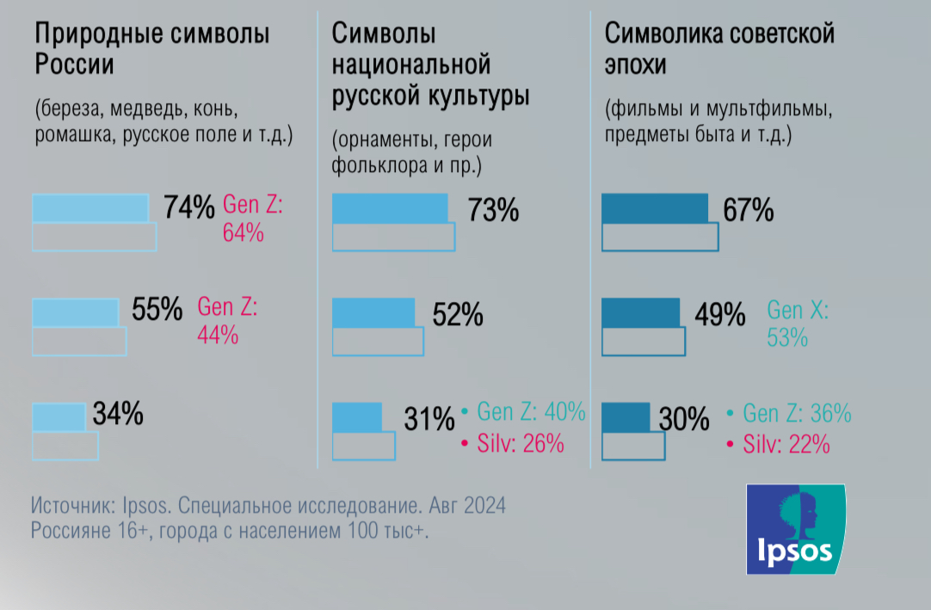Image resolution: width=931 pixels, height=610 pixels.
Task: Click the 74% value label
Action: coord(189,208)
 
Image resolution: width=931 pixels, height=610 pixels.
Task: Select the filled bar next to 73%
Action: coord(391,209)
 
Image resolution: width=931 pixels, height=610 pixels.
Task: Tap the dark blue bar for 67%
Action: coord(655,208)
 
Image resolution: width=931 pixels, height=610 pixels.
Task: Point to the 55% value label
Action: coord(157,311)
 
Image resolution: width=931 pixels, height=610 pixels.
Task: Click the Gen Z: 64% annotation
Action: coord(253,219)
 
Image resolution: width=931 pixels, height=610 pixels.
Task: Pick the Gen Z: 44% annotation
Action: coord(227,322)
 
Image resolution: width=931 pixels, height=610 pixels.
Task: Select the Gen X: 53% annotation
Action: coord(796,323)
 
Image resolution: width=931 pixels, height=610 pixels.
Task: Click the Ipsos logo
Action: coord(796,529)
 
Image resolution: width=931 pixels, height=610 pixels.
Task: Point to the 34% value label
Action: coord(118,415)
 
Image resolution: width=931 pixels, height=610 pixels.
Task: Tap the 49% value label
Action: coord(719,315)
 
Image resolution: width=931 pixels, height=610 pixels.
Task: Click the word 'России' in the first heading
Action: coord(74,65)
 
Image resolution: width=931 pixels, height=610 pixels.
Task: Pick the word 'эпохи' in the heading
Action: coord(635,65)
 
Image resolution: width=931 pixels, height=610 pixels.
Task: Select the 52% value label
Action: coord(457,315)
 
